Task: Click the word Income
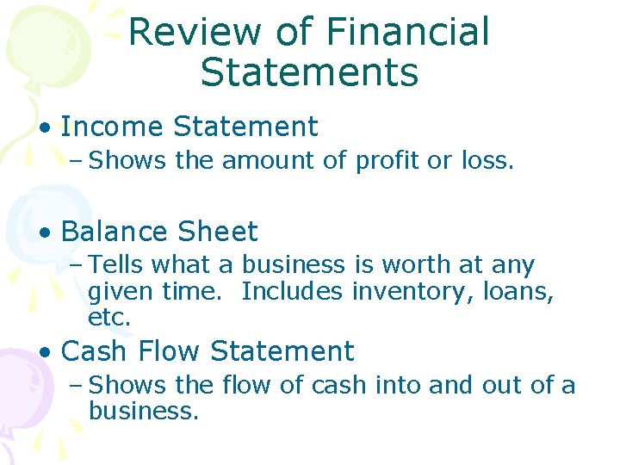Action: point(113,127)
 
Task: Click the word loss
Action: point(489,160)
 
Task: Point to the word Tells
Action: point(116,265)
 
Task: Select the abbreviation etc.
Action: point(109,318)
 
